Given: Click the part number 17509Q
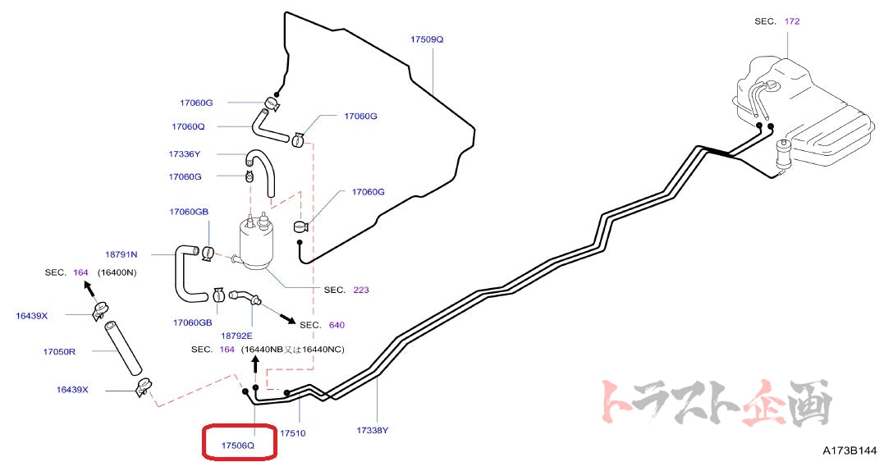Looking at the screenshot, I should [427, 39].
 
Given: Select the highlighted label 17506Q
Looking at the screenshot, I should [238, 445].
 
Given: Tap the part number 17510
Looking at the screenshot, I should [293, 432].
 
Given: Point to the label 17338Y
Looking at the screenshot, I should [373, 429].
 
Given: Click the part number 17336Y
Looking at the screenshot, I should [185, 153].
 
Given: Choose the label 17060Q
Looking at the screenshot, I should [188, 127].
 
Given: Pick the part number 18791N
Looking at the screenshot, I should [121, 254].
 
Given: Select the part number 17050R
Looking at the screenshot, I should [59, 351].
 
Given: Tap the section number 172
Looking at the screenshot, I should [792, 21].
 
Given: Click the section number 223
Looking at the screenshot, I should [361, 290].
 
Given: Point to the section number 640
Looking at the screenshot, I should [337, 325].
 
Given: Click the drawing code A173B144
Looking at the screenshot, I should [850, 451].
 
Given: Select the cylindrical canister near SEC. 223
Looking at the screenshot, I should [255, 244].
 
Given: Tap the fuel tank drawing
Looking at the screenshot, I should [813, 115].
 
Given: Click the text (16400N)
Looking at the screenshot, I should [117, 272].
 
